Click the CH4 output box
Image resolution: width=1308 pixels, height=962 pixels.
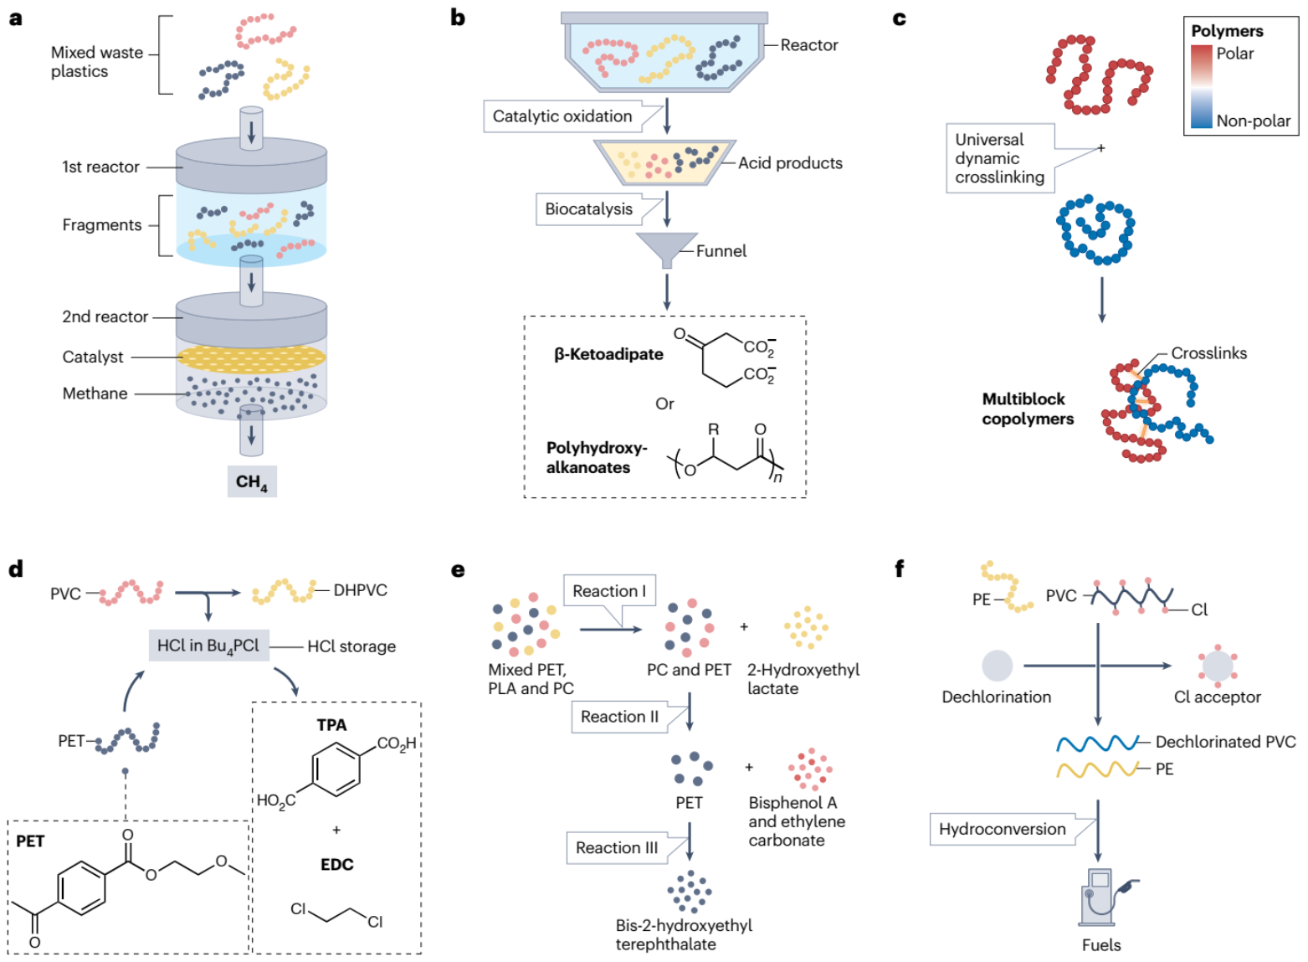point(252,481)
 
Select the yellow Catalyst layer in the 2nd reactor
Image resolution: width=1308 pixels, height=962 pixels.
point(251,358)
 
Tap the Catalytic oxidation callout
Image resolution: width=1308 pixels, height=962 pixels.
point(562,116)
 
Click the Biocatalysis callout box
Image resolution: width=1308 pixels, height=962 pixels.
point(589,209)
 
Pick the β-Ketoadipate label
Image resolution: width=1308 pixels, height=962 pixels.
point(608,354)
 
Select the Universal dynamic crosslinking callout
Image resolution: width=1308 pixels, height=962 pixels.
point(1000,158)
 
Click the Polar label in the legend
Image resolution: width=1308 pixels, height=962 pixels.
point(1235,54)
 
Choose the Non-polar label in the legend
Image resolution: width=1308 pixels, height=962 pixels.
point(1253,121)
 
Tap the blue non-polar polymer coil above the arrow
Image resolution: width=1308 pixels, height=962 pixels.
point(1095,230)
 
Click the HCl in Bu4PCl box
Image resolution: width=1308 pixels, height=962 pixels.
point(208,646)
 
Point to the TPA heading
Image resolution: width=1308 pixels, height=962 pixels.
point(331,725)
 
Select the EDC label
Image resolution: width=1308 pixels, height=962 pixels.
point(337,865)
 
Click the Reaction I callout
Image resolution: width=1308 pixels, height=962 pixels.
point(609,591)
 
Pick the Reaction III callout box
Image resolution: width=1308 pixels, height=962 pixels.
point(617,847)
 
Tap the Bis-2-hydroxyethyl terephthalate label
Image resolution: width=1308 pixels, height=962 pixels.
point(684,934)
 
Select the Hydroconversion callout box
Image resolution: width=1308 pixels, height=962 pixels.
point(1003,829)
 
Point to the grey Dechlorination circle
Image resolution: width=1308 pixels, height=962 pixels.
point(997,666)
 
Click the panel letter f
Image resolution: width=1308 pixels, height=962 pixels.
point(900,569)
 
